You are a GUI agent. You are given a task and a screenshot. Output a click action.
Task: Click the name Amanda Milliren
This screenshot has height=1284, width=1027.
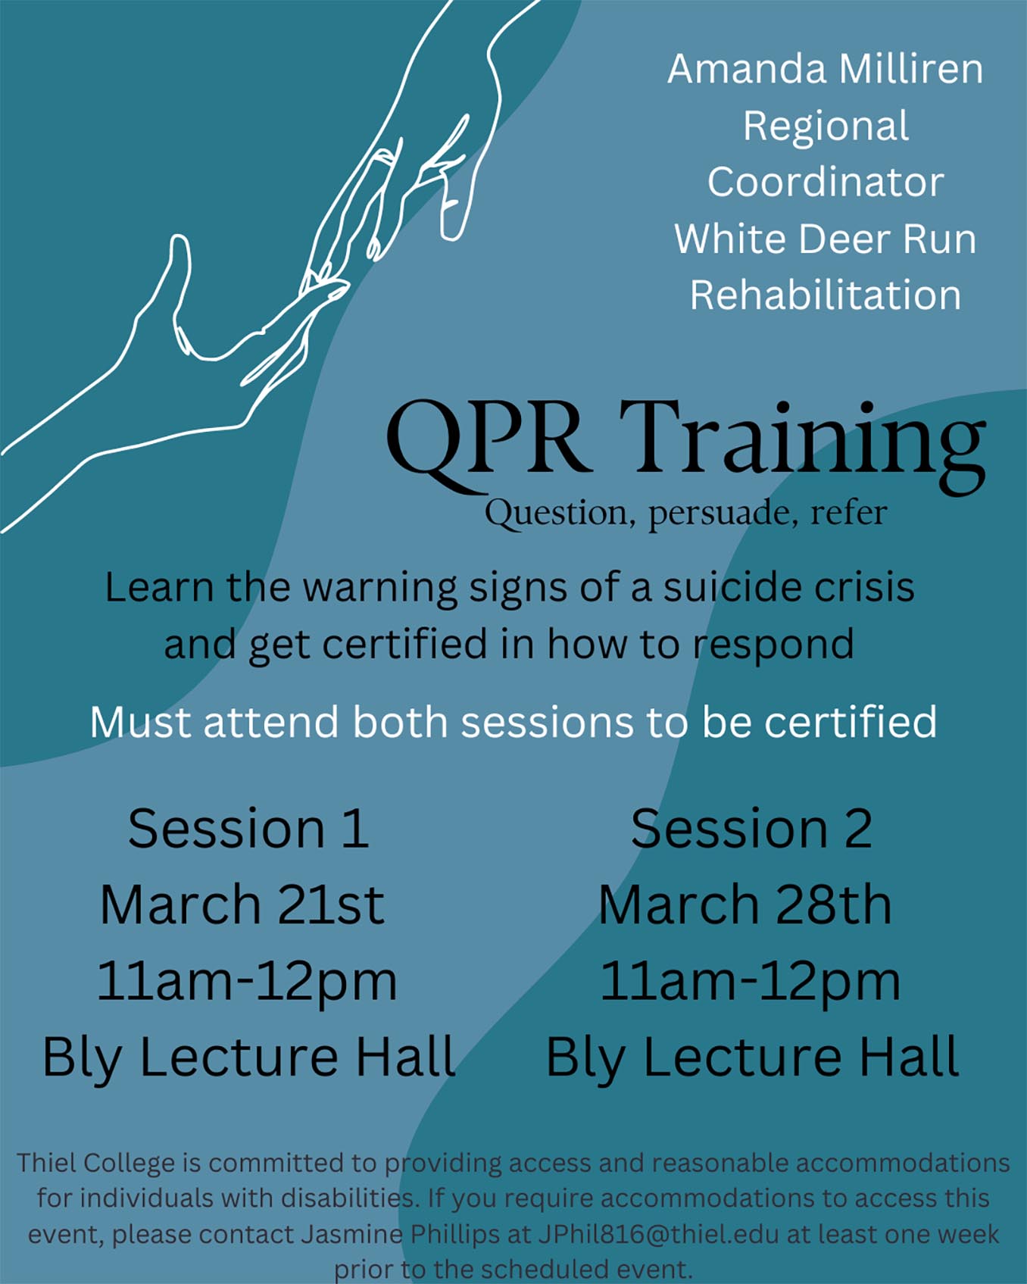click(825, 69)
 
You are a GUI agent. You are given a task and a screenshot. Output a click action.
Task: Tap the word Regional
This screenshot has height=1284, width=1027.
click(826, 127)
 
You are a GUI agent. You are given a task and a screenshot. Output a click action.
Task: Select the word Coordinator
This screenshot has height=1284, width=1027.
click(826, 183)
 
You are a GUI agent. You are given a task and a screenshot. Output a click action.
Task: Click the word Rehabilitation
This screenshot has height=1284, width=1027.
click(826, 295)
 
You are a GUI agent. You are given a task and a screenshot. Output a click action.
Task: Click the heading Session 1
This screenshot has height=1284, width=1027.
click(248, 828)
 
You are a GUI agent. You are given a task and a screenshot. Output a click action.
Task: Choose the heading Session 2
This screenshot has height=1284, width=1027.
click(751, 828)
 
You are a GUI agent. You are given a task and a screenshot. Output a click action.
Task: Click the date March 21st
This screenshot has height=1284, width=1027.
click(242, 904)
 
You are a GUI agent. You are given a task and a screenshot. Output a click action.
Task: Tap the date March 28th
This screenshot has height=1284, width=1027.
click(745, 904)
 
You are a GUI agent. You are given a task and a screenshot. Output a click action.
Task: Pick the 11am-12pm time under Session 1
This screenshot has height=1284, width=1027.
click(247, 983)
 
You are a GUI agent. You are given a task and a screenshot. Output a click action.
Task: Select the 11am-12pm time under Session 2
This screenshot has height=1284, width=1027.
click(750, 983)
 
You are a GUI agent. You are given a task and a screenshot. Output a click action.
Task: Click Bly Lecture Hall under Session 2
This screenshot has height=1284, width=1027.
click(753, 1058)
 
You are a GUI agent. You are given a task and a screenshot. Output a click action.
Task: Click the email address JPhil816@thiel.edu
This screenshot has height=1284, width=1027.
click(658, 1234)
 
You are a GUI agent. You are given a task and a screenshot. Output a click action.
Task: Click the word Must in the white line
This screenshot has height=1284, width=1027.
click(142, 722)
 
